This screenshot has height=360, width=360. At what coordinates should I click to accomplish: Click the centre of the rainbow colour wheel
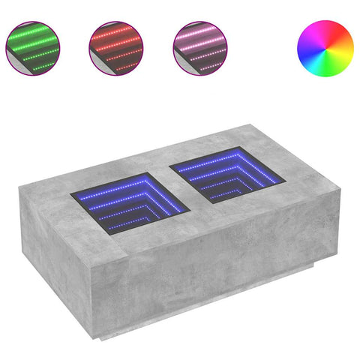point(325,47)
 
